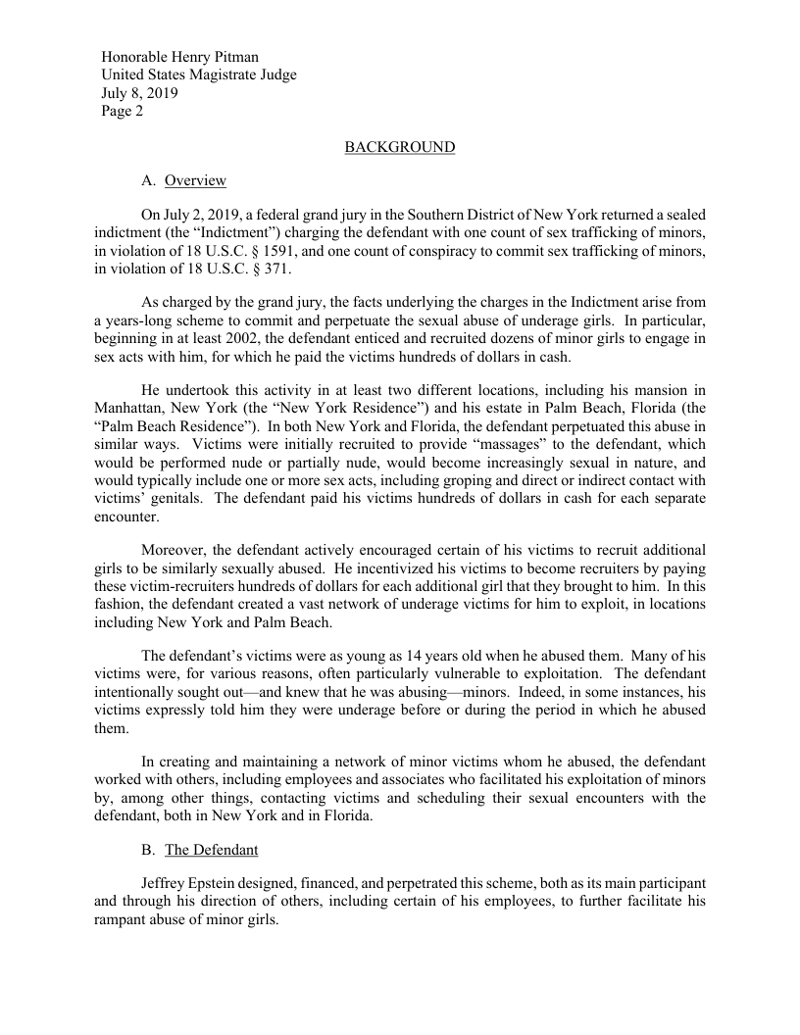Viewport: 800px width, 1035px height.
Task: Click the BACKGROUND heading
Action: click(399, 147)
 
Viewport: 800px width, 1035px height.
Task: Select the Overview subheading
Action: click(195, 180)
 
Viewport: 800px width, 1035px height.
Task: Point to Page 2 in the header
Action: click(123, 111)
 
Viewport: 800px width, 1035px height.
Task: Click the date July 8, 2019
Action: click(140, 93)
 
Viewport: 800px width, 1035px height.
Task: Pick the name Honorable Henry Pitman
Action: click(180, 58)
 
